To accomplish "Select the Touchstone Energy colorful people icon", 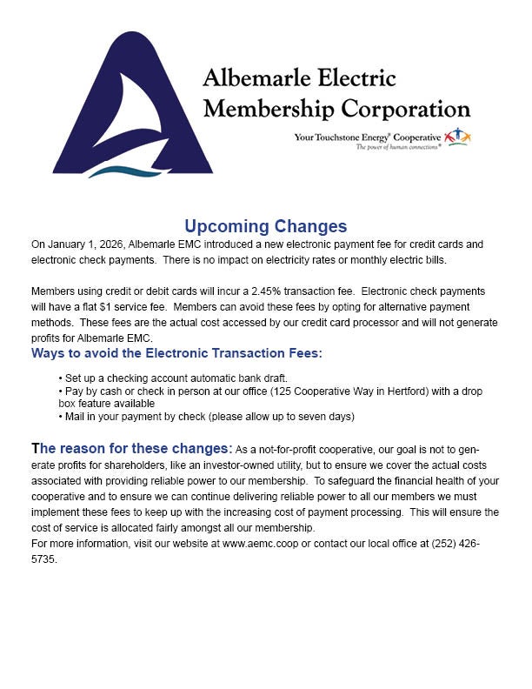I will (x=457, y=136).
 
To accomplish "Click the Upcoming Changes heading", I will (x=265, y=227).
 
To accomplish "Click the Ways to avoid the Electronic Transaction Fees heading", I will (x=176, y=353).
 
